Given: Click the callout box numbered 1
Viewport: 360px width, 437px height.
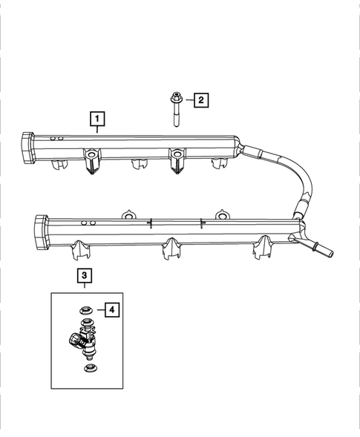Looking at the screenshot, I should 97,118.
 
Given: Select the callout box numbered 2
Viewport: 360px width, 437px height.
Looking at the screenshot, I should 200,99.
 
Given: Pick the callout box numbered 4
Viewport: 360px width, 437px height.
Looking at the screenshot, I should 111,310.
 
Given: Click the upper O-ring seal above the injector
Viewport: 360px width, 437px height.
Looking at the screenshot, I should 85,309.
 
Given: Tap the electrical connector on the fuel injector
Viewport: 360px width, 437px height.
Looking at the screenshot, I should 75,341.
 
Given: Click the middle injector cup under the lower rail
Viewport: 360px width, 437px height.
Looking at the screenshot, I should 171,249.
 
